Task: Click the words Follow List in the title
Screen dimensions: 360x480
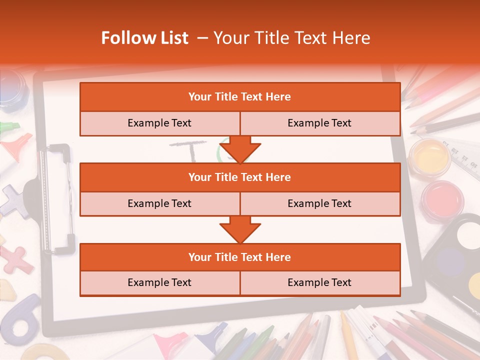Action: tap(144, 38)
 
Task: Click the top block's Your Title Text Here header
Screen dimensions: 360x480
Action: tap(239, 97)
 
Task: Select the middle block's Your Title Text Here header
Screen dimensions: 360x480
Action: tap(239, 177)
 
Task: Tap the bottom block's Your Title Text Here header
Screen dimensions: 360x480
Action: tap(239, 257)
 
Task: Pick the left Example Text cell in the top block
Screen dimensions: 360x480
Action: tap(159, 123)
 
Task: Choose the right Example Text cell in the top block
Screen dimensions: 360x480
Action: tap(319, 123)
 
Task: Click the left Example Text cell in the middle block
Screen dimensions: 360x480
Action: tap(159, 203)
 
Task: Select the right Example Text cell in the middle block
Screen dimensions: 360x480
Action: tap(319, 203)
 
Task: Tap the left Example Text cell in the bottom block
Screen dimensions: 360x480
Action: tap(159, 282)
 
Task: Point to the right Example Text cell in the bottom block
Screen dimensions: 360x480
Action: tap(319, 282)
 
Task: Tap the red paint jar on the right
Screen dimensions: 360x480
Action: tap(442, 198)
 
